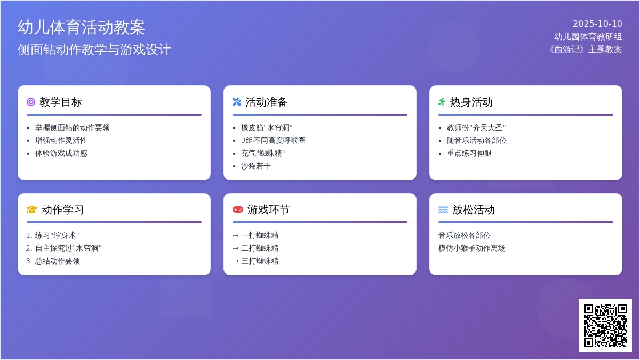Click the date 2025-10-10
pos(597,23)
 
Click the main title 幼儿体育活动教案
pos(82,27)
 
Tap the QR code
pos(605,325)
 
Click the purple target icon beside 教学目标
pos(31,102)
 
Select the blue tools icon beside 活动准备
pos(237,102)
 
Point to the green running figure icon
pos(442,102)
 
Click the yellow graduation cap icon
pos(31,210)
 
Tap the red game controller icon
pos(238,210)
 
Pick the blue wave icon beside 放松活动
pos(443,210)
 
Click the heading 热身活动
pos(471,102)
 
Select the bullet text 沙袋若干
pos(255,166)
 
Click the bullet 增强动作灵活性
pos(61,140)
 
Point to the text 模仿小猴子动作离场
pos(471,248)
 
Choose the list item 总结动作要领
pos(58,261)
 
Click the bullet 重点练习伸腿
pos(469,153)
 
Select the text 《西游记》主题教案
pos(585,50)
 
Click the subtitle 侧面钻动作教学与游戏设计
pos(94,50)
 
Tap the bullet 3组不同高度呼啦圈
pos(273,140)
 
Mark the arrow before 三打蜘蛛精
pos(236,261)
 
